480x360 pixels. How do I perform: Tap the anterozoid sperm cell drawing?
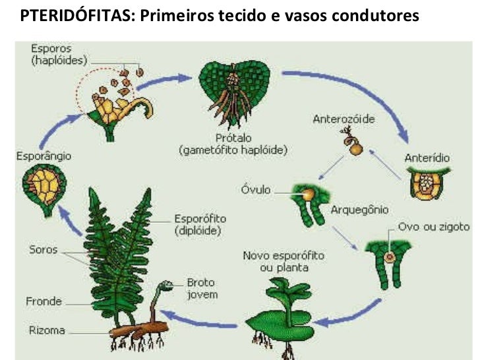coord(354,146)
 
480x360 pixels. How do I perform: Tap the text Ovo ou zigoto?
coord(434,227)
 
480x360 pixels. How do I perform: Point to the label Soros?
coord(44,250)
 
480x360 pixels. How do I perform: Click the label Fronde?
coord(44,301)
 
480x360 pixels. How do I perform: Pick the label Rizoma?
coord(46,330)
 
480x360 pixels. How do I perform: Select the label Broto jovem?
coord(201,289)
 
